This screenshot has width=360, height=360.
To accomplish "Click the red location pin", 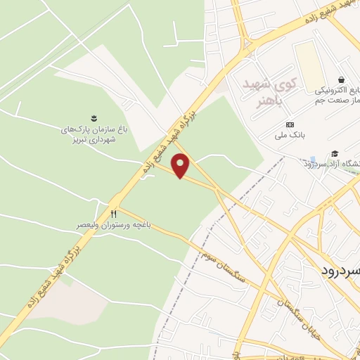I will click(x=182, y=166).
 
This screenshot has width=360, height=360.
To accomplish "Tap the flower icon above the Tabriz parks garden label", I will click(x=93, y=116).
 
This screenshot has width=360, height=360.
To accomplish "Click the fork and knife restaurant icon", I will click(x=113, y=213).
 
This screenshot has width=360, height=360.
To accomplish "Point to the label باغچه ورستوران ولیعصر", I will click(x=115, y=226).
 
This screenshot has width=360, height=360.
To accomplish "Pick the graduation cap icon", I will click(x=335, y=153).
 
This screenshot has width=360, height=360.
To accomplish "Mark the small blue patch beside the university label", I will click(x=313, y=160).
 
